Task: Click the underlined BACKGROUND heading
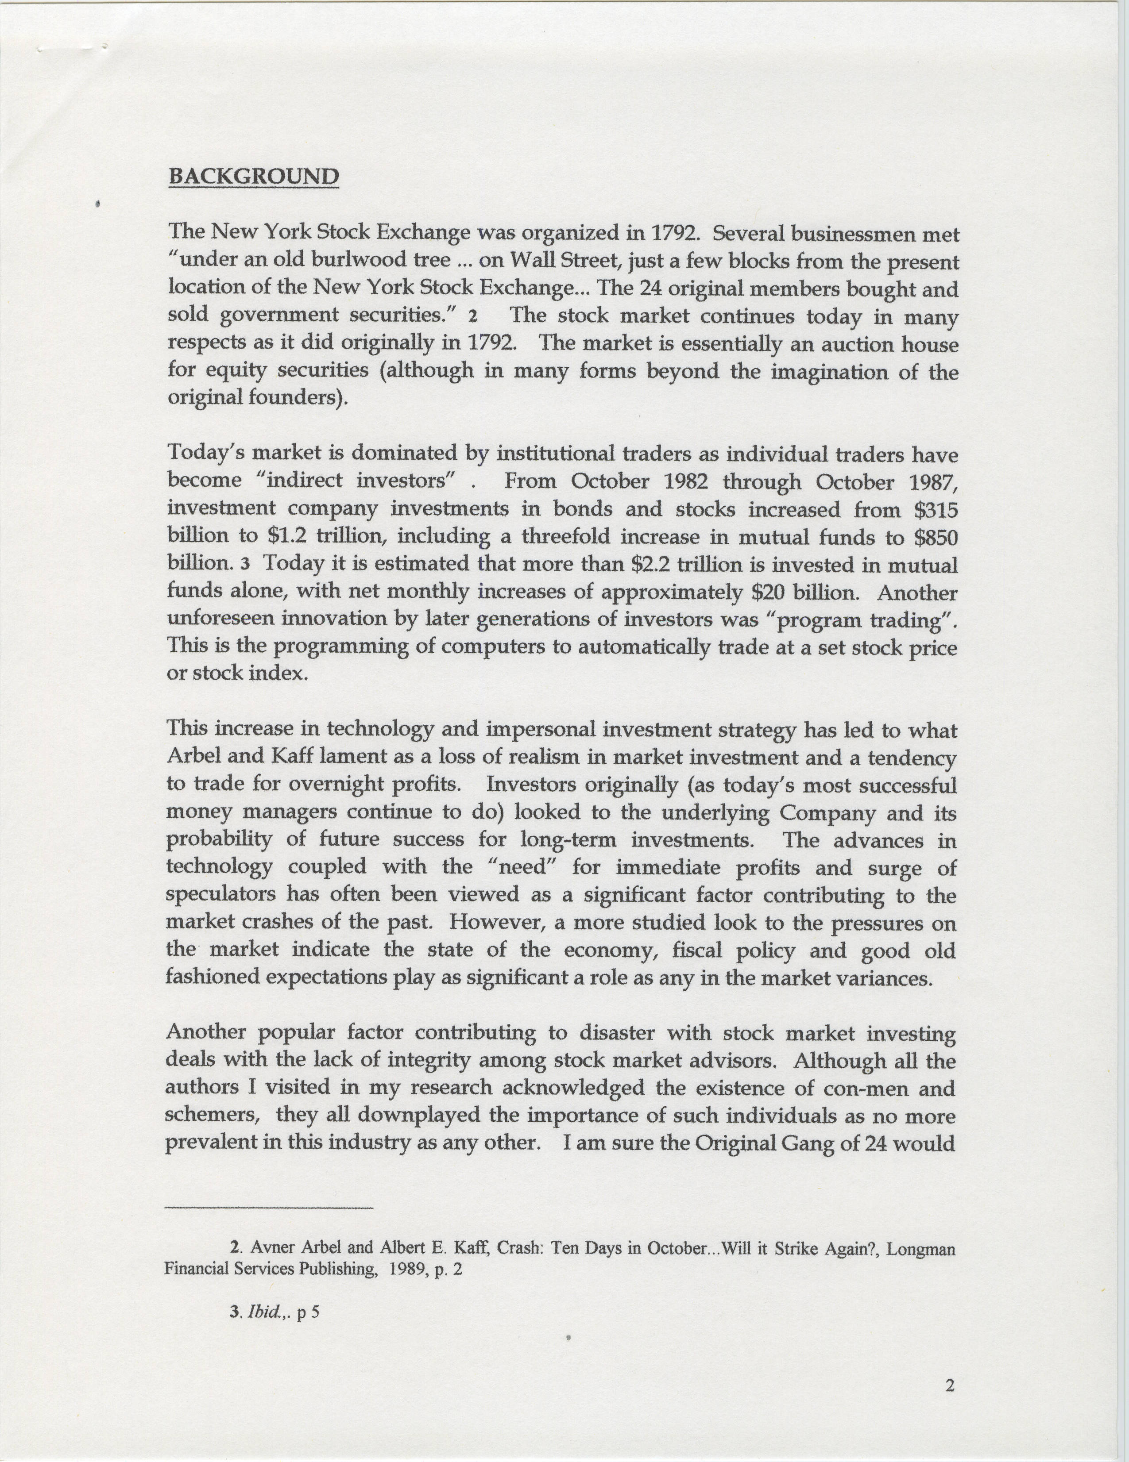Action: [x=253, y=177]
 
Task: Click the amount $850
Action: [x=936, y=537]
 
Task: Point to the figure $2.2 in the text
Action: [x=652, y=564]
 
